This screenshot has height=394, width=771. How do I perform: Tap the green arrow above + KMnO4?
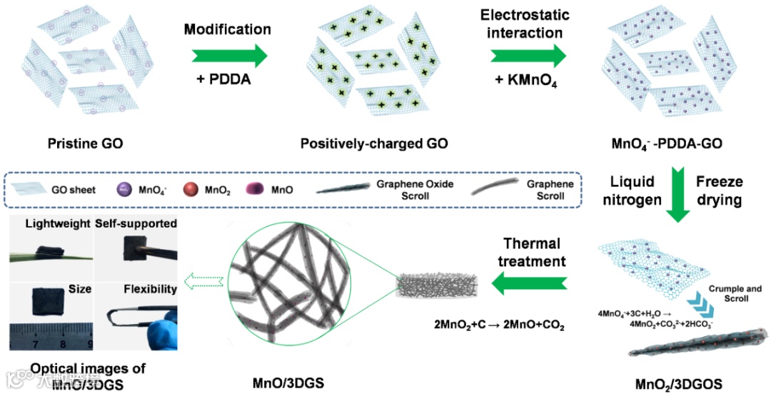coord(528,56)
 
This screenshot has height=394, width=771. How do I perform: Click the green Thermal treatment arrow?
coord(529,285)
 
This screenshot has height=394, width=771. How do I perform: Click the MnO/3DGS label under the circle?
coord(288,383)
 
